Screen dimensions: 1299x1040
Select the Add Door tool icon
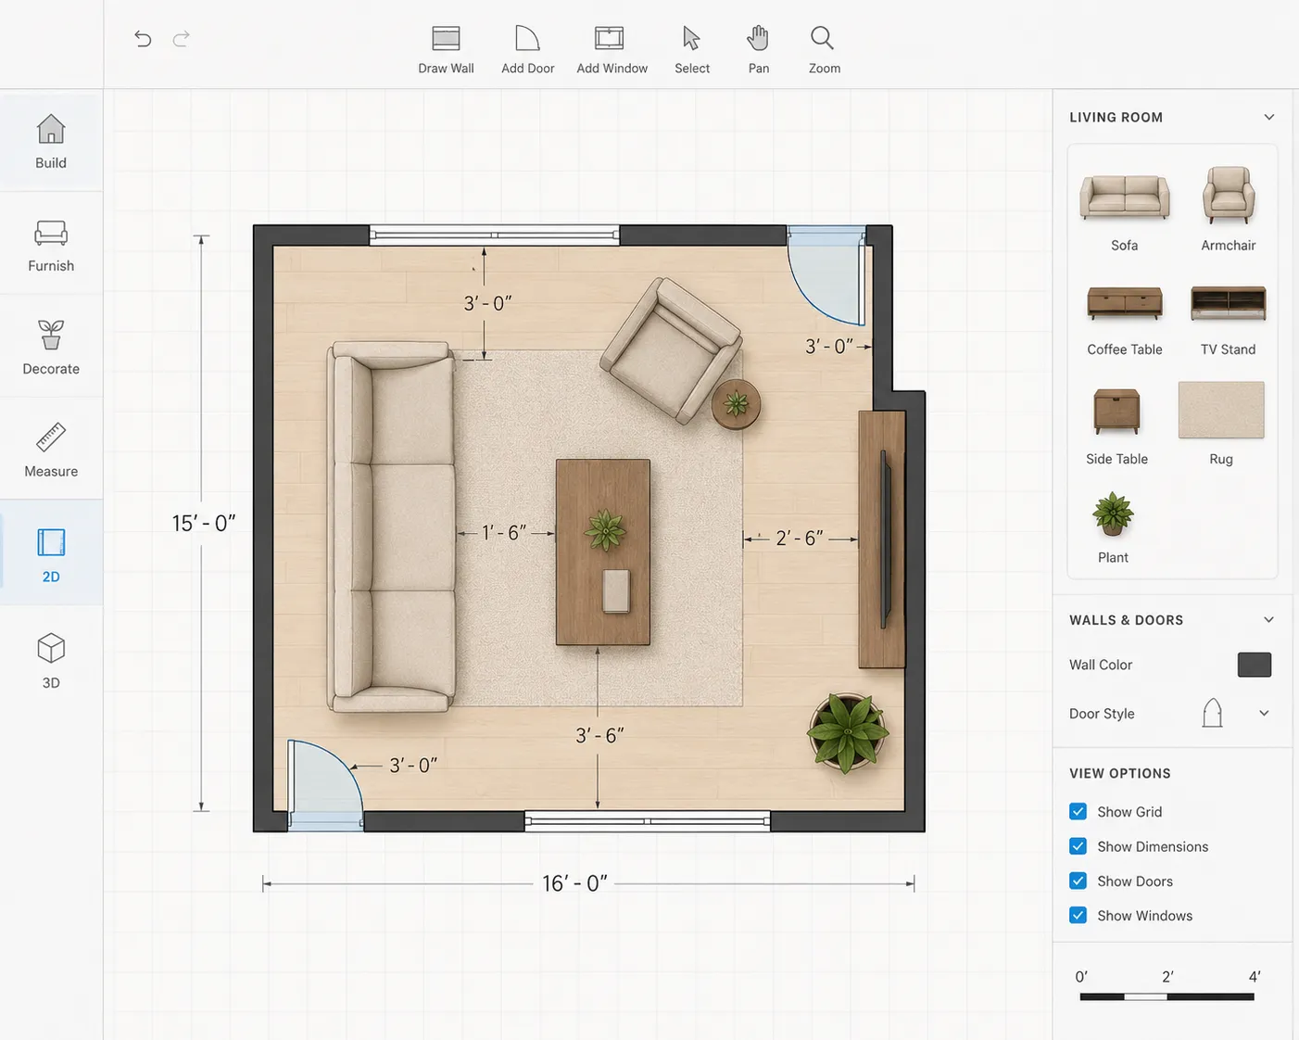tap(527, 38)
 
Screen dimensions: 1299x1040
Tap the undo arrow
tap(143, 39)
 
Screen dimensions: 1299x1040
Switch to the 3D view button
tap(51, 661)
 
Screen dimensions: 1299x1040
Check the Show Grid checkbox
tap(1078, 811)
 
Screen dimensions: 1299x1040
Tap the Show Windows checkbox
tap(1078, 915)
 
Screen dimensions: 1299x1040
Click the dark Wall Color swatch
tap(1255, 665)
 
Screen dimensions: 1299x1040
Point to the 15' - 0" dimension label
tap(204, 523)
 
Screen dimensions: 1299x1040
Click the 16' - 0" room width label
tap(574, 883)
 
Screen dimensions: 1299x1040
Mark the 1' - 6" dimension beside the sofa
tap(504, 533)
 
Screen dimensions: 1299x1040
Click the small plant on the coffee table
tap(605, 529)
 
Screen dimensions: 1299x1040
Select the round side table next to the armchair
tap(736, 404)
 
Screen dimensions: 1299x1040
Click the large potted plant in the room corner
tap(848, 732)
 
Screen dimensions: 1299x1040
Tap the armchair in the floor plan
tap(671, 350)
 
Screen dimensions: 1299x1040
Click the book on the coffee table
tap(616, 591)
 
